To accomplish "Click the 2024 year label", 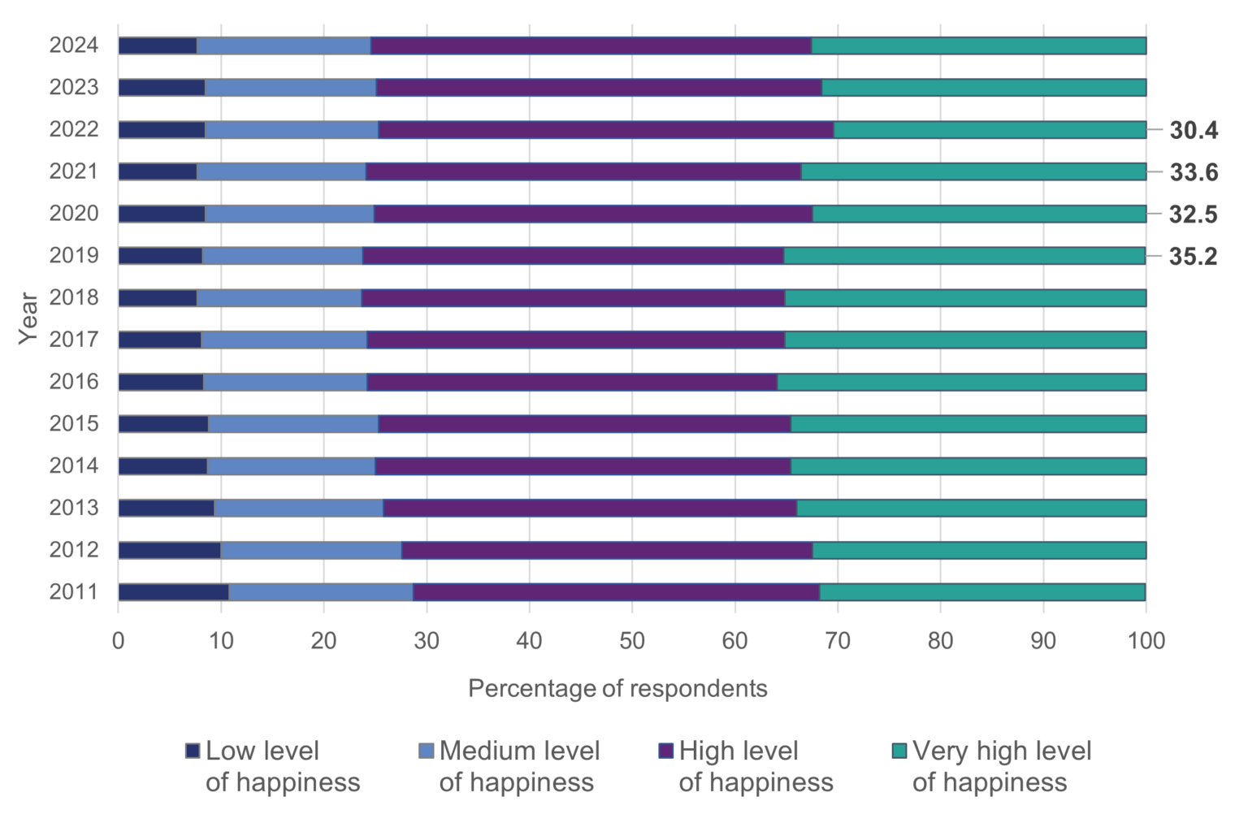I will pos(74,45).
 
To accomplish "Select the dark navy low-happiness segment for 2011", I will pos(173,592).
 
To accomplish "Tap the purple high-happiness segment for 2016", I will pos(572,382).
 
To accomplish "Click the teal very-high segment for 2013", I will pos(971,509).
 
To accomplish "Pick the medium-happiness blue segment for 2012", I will pos(311,550).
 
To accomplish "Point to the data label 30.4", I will pos(1193,130).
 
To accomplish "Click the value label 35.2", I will pos(1193,257).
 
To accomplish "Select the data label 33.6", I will pos(1193,172).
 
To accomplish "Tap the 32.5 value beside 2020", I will pos(1193,214).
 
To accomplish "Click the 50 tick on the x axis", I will pos(632,641).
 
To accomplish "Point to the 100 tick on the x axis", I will pos(1146,641).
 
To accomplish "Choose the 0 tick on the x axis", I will pos(119,641).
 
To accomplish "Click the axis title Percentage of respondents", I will pos(617,689).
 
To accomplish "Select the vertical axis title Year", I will pos(28,318).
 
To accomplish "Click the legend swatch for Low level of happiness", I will pos(193,751).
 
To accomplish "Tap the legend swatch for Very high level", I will pos(899,751).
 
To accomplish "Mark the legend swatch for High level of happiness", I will pos(666,751).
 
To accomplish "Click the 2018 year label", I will pos(74,298).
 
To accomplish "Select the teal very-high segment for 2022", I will pos(990,130).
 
